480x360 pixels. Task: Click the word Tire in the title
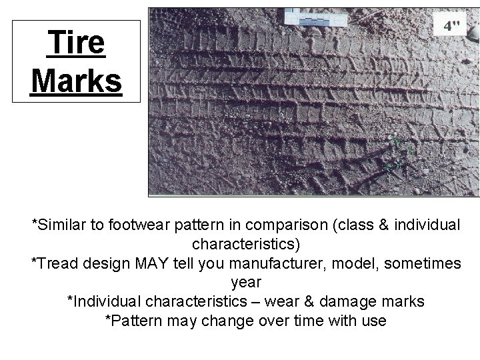pyautogui.click(x=76, y=44)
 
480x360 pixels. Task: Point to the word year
pyautogui.click(x=245, y=283)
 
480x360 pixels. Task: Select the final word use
pyautogui.click(x=373, y=320)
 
